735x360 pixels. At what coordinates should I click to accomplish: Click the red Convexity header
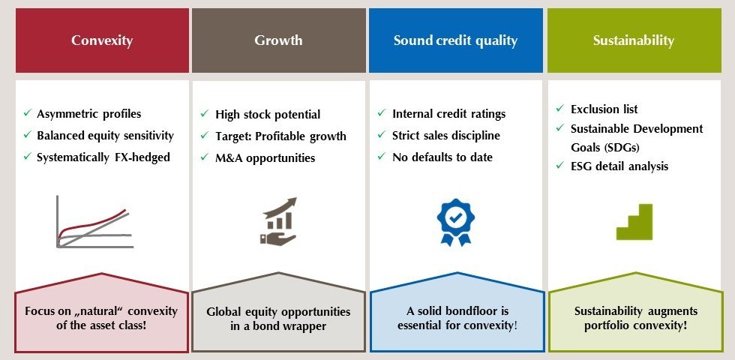[101, 40]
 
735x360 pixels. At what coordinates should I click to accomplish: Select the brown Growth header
[278, 40]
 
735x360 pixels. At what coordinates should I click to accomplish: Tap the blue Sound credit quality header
[455, 40]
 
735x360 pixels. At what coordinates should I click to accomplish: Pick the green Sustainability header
[633, 40]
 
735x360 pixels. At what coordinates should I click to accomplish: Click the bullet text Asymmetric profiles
[88, 114]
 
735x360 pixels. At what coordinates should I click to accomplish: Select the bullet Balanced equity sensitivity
[105, 136]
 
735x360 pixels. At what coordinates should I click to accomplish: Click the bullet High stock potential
[267, 115]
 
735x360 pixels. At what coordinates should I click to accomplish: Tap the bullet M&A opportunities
[265, 158]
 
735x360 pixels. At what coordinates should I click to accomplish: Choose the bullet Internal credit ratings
[448, 114]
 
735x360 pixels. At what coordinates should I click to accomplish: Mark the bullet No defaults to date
[442, 157]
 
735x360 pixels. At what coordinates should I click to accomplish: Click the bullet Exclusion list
[604, 109]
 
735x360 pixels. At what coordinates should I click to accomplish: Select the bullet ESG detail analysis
[619, 166]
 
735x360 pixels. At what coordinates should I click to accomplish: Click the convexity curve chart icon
[93, 221]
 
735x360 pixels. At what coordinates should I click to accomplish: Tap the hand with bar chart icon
[278, 221]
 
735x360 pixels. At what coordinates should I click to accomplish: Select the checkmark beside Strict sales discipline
[381, 136]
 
